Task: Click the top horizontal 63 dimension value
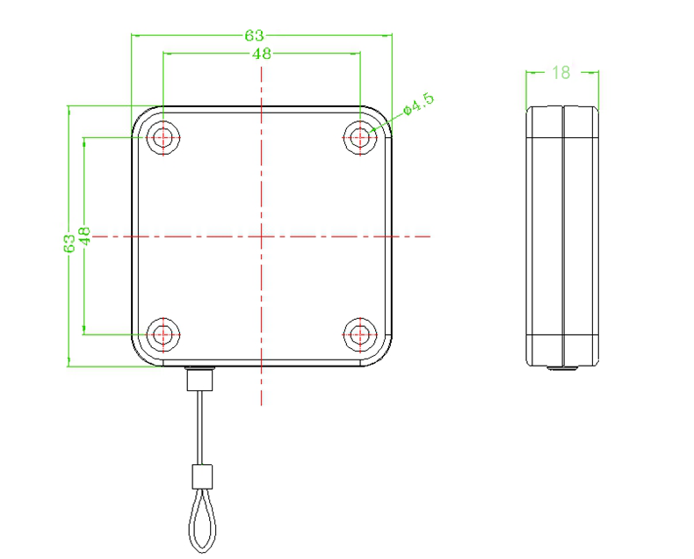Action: pyautogui.click(x=254, y=35)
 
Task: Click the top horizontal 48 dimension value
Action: pyautogui.click(x=262, y=54)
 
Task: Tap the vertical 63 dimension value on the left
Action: pyautogui.click(x=69, y=243)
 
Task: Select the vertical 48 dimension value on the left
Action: pyautogui.click(x=84, y=236)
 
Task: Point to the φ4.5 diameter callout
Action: pyautogui.click(x=419, y=104)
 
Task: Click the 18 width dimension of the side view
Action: pyautogui.click(x=561, y=72)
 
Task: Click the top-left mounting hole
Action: pyautogui.click(x=163, y=138)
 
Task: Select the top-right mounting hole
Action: pyautogui.click(x=360, y=138)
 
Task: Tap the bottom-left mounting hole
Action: pyautogui.click(x=163, y=334)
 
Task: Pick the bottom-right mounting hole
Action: pyautogui.click(x=360, y=334)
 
